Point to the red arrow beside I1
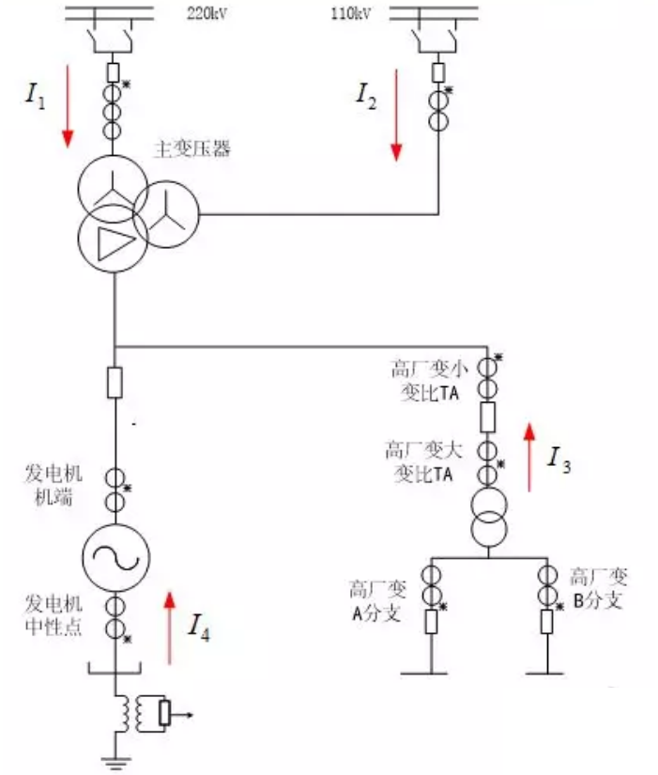(x=68, y=113)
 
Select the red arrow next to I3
(x=529, y=457)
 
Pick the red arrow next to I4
(x=170, y=625)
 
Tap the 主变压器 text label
(x=191, y=148)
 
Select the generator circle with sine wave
(x=114, y=556)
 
